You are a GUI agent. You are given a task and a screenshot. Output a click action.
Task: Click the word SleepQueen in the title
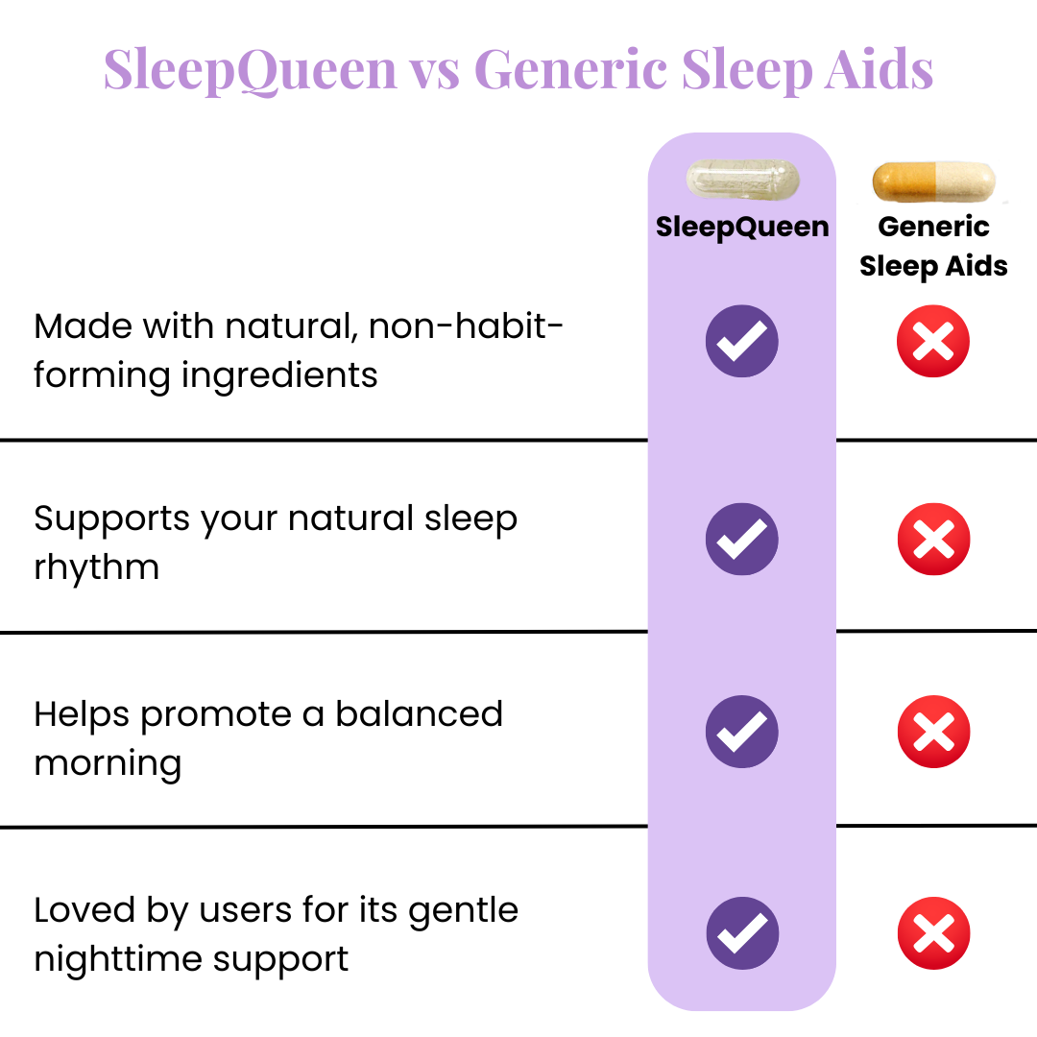point(250,70)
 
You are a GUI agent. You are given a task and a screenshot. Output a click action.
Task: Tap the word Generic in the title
point(570,68)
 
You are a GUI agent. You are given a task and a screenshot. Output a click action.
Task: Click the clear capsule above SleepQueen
point(742,179)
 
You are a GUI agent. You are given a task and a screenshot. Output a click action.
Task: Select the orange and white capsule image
point(934,181)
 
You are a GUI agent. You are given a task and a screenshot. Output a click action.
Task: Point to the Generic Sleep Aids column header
point(934,247)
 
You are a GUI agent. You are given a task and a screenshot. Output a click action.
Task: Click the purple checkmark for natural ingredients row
point(742,341)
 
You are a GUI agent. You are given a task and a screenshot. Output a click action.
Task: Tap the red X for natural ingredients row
point(933,341)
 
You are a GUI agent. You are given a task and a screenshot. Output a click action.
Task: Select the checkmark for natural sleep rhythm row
point(742,539)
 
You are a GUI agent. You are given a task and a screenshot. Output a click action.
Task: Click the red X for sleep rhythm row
point(934,539)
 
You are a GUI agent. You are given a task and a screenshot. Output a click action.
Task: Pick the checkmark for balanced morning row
point(742,732)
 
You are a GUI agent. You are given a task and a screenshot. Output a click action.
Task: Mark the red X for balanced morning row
point(934,732)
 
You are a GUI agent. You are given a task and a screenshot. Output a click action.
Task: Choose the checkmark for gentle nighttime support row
point(742,933)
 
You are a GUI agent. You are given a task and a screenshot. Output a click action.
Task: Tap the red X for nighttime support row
point(934,933)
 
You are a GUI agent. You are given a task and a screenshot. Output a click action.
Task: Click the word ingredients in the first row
point(279,376)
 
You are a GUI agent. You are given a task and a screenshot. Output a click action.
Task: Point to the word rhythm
point(97,567)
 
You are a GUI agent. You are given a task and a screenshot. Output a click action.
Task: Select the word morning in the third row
point(108,764)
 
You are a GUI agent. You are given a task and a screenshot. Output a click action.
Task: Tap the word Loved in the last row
point(84,909)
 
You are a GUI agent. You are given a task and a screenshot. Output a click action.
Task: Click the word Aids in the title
point(879,69)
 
